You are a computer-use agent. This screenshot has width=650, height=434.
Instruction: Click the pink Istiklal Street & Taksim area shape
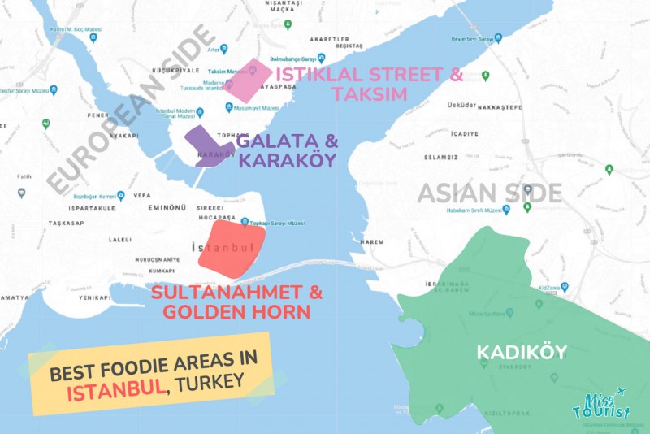coord(248,80)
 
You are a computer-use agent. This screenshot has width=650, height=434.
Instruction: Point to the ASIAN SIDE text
coord(489,193)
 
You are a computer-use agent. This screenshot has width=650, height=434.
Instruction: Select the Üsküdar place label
coord(461,106)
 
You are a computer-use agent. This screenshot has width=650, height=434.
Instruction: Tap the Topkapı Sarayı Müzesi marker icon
coord(245,221)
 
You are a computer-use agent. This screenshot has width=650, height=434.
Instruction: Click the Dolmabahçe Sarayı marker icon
coord(322,58)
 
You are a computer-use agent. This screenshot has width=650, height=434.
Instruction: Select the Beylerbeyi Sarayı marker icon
coord(498,37)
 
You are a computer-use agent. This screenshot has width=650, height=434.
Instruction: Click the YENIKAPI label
coord(94,297)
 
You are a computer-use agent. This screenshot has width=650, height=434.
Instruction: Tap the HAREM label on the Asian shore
coord(371,241)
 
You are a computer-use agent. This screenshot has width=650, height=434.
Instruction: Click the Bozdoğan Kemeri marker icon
coord(120,195)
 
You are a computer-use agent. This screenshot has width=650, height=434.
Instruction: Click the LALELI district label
coord(121,240)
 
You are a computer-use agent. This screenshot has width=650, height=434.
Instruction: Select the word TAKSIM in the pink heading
coord(369,94)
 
